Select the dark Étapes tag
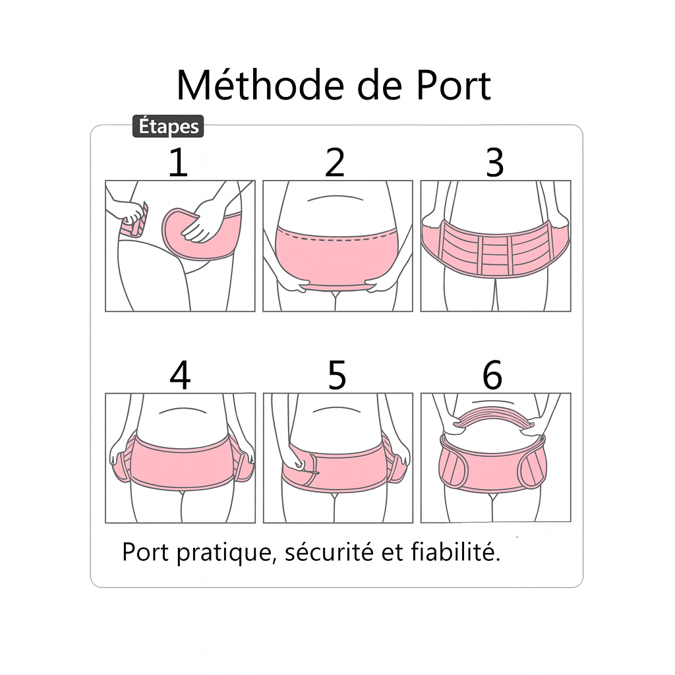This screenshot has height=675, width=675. point(168,126)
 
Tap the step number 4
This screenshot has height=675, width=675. point(180,376)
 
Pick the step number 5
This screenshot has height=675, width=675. point(336,376)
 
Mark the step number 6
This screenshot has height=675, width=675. point(492,376)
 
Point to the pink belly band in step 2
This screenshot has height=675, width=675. point(336,257)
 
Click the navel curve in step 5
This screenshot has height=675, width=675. point(337,411)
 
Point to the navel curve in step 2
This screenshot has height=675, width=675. point(337,197)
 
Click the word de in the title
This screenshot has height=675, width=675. point(372,85)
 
